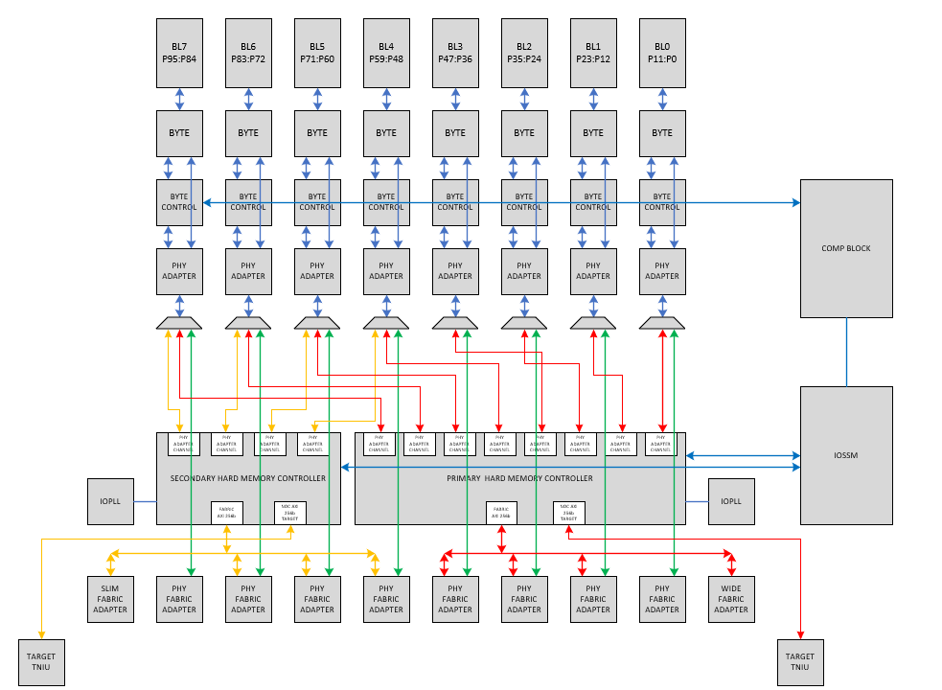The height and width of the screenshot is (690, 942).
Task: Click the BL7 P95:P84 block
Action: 179,53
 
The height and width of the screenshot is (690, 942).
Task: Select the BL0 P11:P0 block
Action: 662,53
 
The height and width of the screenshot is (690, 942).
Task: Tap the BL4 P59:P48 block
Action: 386,53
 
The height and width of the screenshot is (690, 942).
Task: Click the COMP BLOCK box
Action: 846,248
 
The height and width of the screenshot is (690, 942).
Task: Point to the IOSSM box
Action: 846,455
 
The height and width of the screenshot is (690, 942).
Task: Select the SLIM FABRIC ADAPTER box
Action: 110,599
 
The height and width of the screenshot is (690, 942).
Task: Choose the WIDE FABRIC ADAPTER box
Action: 731,599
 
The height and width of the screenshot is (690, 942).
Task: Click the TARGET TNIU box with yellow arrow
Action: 41,662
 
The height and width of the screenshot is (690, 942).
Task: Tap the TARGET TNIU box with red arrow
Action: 800,662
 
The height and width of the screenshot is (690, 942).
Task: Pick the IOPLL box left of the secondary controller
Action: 110,501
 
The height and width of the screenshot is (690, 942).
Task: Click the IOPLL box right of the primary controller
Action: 731,501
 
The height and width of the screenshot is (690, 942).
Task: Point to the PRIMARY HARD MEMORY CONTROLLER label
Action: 519,478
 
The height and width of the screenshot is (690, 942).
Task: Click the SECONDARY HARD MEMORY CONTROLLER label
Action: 247,478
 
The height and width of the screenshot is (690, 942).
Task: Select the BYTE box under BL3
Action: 455,133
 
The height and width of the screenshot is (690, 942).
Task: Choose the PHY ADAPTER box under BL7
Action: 179,271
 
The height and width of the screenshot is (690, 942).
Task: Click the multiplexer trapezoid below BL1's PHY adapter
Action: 593,323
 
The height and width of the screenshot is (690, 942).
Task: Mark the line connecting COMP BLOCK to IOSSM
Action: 846,352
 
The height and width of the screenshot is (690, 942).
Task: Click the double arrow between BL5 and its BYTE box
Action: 317,99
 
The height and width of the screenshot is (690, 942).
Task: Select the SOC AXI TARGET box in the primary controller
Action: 569,513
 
